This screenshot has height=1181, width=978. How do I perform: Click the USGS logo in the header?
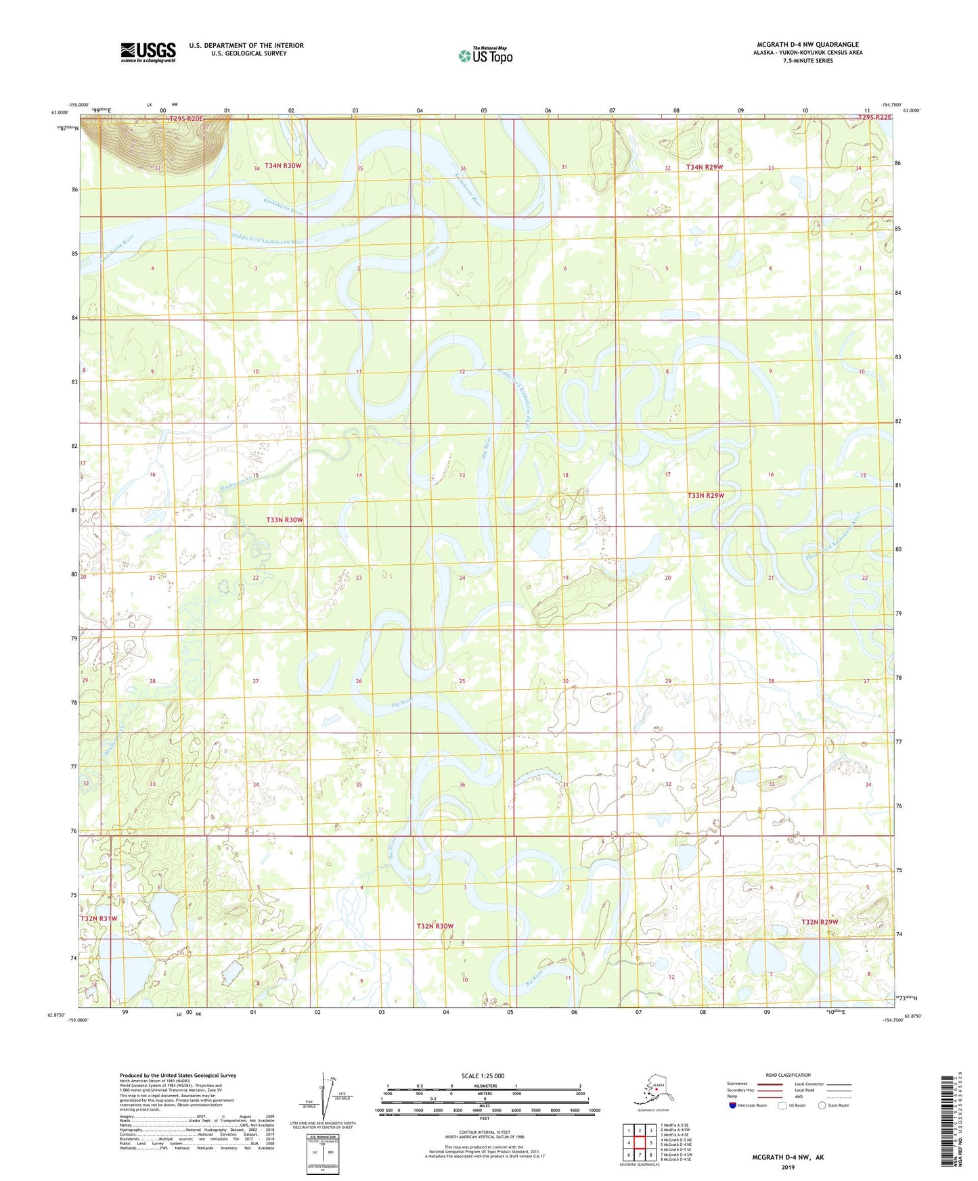coord(148,52)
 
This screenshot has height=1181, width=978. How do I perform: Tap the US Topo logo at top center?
coord(485,55)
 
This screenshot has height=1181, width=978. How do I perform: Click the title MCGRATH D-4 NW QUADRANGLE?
coord(807,45)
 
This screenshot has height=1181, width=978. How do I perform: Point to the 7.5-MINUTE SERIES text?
coord(807,61)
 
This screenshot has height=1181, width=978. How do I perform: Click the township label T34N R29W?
coord(705,167)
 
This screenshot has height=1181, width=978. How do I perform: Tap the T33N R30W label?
coord(284,520)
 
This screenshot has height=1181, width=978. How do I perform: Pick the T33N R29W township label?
coord(706,496)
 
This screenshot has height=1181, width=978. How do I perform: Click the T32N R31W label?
coord(99,919)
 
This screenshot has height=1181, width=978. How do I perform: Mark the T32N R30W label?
coord(435,926)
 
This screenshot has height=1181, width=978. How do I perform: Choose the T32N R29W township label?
coord(820,922)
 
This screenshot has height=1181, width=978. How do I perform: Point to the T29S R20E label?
coord(185,119)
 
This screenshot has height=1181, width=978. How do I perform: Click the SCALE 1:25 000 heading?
coord(483,1076)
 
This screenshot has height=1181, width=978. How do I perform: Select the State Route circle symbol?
coord(822,1105)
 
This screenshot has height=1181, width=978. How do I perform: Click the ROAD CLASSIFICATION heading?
coord(788,1075)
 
